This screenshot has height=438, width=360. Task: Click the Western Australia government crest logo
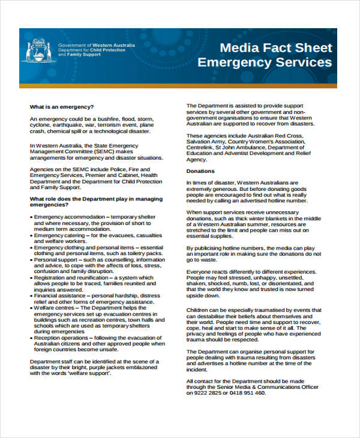(37, 50)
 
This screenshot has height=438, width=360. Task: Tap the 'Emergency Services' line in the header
(265, 62)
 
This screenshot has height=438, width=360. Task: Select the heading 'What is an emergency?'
(62, 107)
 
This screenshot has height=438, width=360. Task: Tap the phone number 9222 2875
(208, 393)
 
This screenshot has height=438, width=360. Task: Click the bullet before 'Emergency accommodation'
(31, 216)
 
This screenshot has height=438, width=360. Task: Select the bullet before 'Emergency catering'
(31, 235)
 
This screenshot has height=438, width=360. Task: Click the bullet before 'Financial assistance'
(31, 296)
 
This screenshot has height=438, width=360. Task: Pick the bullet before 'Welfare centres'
(31, 308)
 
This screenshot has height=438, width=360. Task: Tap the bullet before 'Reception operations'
(31, 338)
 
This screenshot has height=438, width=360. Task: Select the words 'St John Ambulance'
(241, 147)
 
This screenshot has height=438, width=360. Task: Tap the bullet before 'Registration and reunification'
(31, 278)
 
